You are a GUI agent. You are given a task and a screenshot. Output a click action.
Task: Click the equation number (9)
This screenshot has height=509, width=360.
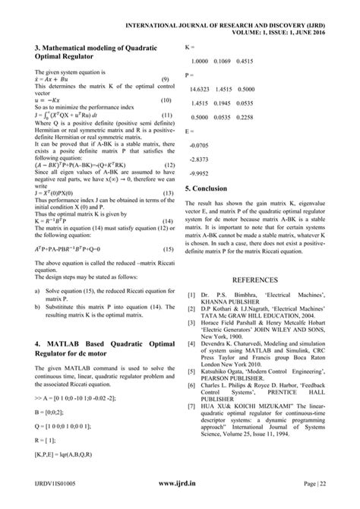coord(165,80)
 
